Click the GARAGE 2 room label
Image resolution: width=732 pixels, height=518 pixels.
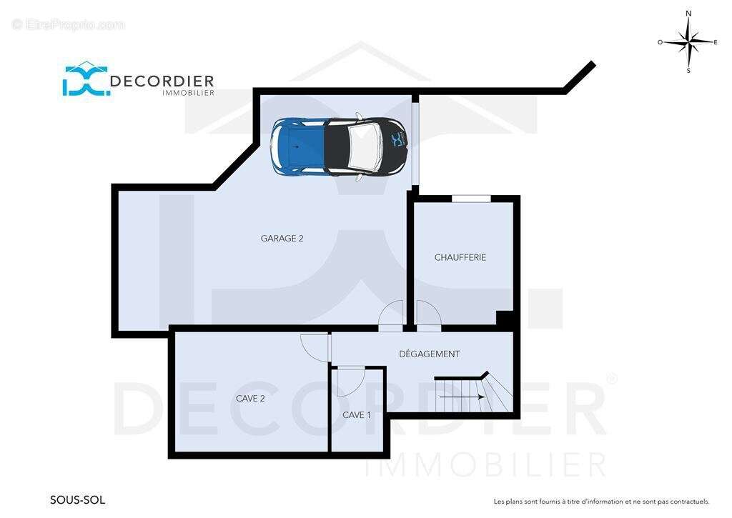click(282, 239)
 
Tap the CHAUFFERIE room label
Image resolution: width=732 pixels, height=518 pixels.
click(460, 258)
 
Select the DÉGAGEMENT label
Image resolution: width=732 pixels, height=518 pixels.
click(430, 354)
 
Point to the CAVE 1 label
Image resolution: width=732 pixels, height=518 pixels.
click(357, 415)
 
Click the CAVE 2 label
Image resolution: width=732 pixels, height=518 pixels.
click(250, 399)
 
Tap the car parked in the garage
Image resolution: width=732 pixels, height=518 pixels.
click(340, 146)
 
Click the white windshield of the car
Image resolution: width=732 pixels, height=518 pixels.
click(365, 146)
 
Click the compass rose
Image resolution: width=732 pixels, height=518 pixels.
click(688, 42)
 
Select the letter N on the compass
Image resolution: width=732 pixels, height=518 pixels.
click(688, 14)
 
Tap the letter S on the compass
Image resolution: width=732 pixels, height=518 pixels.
click(688, 71)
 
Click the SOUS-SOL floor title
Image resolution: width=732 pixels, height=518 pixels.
click(77, 500)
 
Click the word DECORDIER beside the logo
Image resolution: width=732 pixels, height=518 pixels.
click(162, 81)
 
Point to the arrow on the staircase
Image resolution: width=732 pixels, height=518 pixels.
click(461, 397)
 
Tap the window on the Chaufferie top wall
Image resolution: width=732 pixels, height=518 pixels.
click(471, 199)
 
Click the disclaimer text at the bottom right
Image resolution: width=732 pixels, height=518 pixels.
click(602, 502)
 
